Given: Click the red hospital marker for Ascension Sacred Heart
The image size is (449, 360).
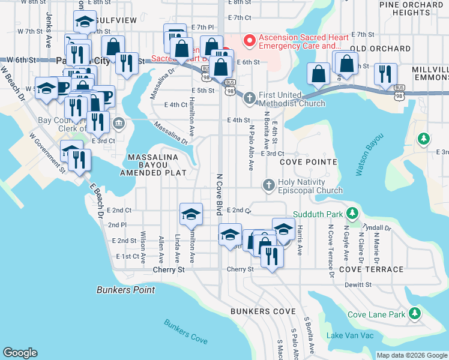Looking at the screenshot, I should pyautogui.click(x=249, y=40).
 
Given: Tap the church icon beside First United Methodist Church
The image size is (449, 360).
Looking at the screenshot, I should pyautogui.click(x=250, y=97).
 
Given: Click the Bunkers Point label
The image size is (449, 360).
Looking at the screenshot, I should pyautogui.click(x=125, y=290).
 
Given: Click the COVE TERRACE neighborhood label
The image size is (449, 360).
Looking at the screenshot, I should pyautogui.click(x=371, y=269).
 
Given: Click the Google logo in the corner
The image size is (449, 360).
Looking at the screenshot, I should pyautogui.click(x=20, y=353).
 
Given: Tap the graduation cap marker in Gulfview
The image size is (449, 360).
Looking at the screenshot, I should pyautogui.click(x=85, y=23).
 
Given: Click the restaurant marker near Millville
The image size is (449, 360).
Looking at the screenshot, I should pyautogui.click(x=384, y=74).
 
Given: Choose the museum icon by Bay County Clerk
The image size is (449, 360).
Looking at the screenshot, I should pyautogui.click(x=119, y=124).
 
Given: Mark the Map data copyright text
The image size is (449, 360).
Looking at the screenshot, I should pyautogui.click(x=412, y=355).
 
